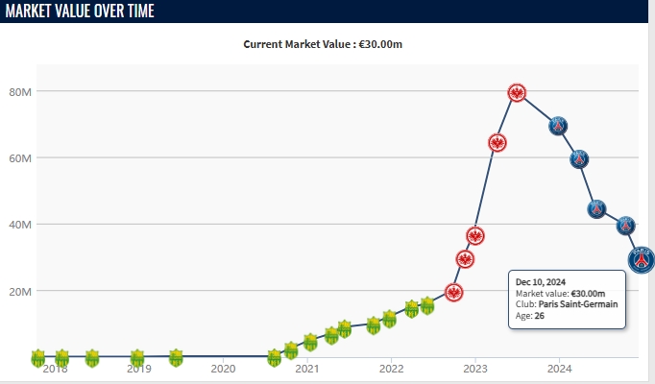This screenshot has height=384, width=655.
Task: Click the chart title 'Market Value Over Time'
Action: pyautogui.click(x=80, y=11)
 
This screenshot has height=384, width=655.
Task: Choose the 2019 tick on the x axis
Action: pyautogui.click(x=138, y=369)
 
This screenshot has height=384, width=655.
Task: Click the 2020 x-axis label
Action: pyautogui.click(x=223, y=369)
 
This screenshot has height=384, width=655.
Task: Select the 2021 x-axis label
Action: pyautogui.click(x=307, y=369)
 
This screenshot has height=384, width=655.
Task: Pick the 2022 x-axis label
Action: pyautogui.click(x=391, y=369)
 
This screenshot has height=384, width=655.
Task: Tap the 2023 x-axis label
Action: pyautogui.click(x=475, y=369)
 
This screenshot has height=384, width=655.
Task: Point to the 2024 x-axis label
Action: pyautogui.click(x=560, y=369)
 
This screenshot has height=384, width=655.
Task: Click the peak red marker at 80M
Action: pyautogui.click(x=517, y=93)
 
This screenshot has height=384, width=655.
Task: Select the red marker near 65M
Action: pyautogui.click(x=497, y=143)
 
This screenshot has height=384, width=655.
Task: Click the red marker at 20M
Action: pyautogui.click(x=454, y=292)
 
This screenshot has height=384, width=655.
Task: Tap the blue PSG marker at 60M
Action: pyautogui.click(x=579, y=159)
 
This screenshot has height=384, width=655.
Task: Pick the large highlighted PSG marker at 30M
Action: pyautogui.click(x=642, y=259)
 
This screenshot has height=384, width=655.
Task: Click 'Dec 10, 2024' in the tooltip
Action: pyautogui.click(x=541, y=281)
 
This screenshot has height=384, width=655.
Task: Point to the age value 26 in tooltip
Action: pyautogui.click(x=540, y=316)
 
